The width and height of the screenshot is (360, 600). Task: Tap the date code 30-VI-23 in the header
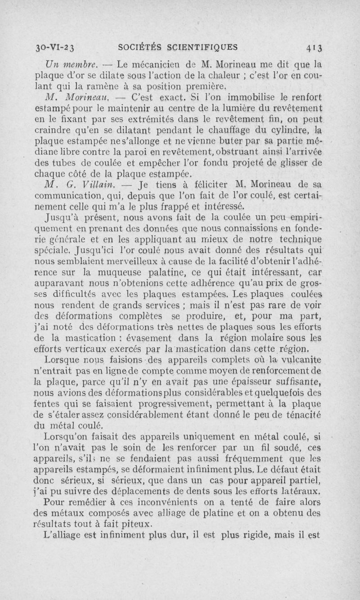pos(57,47)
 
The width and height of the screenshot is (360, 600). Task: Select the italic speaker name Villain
pos(87,184)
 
